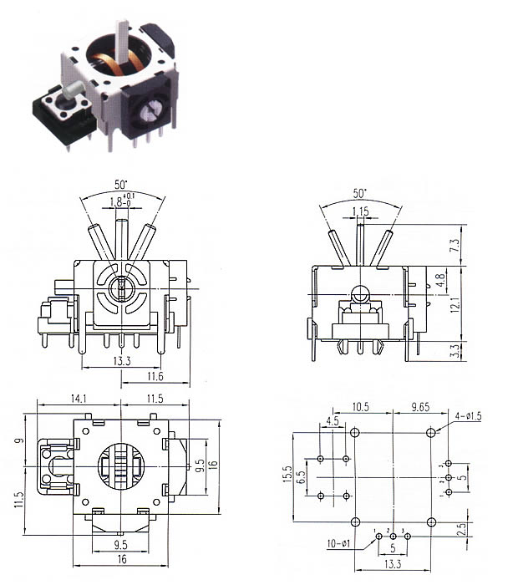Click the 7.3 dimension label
pyautogui.click(x=455, y=245)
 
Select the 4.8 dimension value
pyautogui.click(x=441, y=280)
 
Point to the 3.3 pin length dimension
pyautogui.click(x=455, y=351)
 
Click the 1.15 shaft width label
pyautogui.click(x=361, y=211)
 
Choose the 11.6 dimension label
pyautogui.click(x=155, y=376)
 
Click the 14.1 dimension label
pyautogui.click(x=79, y=399)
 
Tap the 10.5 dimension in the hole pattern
pyautogui.click(x=361, y=407)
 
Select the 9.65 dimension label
pyautogui.click(x=420, y=407)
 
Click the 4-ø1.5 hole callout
pyautogui.click(x=468, y=415)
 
